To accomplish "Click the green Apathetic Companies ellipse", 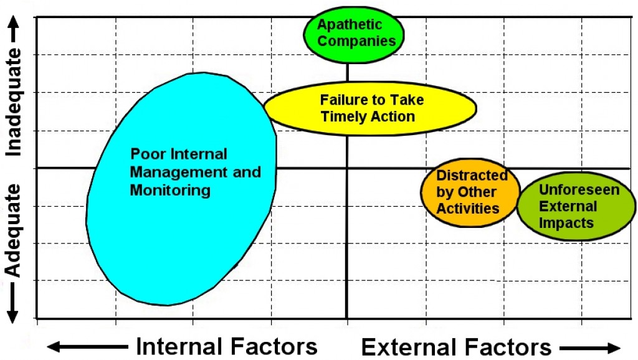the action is coord(354,35).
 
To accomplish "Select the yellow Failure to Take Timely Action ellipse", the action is coord(370,108).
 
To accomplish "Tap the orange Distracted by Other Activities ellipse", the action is coord(470,192).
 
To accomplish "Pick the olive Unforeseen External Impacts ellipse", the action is coord(576,206).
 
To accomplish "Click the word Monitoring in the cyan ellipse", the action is coord(170,191).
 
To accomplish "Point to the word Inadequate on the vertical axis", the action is coord(13,102).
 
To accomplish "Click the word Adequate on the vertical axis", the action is coord(13,230).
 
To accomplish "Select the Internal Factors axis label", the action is coord(227,346).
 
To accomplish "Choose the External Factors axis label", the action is coord(456,348).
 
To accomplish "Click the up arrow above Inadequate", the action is coord(14,29).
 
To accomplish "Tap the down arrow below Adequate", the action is coord(12,303).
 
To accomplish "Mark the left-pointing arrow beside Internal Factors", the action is coord(87,347).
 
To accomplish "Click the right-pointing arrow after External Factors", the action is coord(590,348).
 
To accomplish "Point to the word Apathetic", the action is coord(350,24).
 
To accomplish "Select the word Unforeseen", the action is coord(579,189).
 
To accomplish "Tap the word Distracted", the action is coord(472,175).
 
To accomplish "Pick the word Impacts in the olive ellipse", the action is coord(566,223).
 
